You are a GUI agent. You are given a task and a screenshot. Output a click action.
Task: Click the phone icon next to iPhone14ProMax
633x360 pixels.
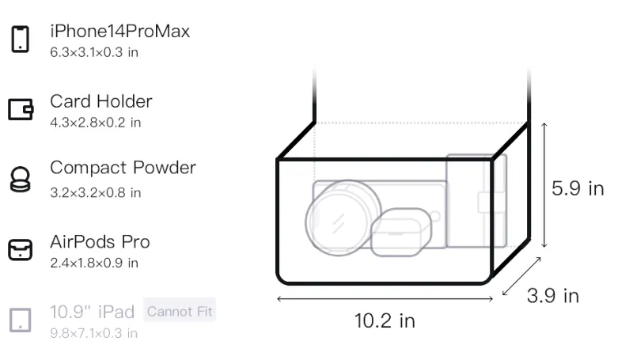tap(21, 39)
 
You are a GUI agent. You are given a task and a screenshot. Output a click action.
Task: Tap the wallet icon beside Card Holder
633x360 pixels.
tap(21, 109)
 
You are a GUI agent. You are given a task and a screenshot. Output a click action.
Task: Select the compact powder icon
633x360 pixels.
tap(20, 179)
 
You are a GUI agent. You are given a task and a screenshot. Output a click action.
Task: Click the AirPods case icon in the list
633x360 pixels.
tap(21, 250)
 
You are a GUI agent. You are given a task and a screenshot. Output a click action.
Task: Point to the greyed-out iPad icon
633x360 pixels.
tap(21, 320)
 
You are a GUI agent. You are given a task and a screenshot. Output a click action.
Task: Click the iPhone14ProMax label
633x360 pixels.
tap(120, 31)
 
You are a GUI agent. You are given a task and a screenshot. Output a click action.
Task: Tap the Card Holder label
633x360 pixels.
tap(101, 101)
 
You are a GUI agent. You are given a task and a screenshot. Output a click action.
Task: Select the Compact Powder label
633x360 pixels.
tap(123, 168)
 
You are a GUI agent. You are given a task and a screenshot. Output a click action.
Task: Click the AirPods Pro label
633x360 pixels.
tap(100, 242)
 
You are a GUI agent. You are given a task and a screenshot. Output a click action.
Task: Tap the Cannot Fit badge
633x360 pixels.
tap(180, 311)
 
